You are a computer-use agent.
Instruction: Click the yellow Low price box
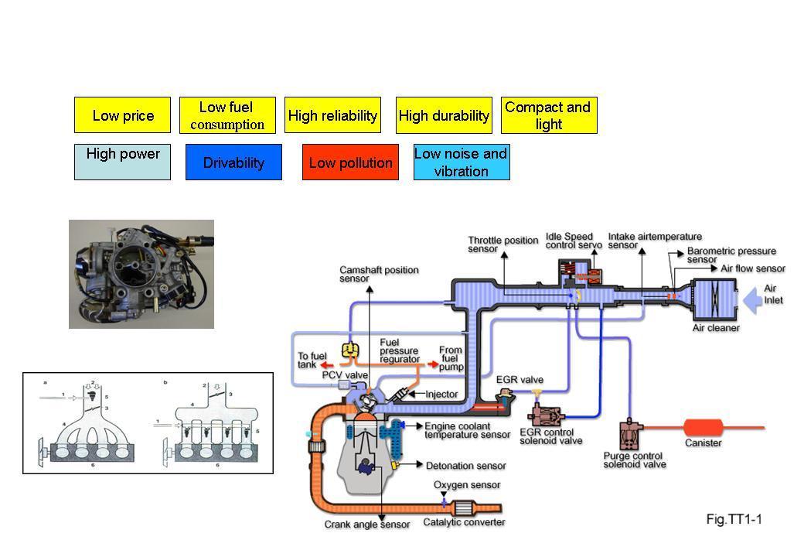(122, 115)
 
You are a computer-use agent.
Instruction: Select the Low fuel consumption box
(227, 115)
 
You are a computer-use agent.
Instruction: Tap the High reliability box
(332, 115)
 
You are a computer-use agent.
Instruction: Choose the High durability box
(444, 115)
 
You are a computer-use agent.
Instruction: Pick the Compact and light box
(549, 115)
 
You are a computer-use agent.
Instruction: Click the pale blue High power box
(122, 162)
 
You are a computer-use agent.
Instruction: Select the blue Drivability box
(233, 162)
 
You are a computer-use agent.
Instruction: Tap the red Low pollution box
(350, 162)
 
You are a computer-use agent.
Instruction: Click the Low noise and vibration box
(462, 162)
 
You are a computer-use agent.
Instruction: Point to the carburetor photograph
(141, 274)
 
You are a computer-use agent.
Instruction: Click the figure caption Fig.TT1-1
(734, 519)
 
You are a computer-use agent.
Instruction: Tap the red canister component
(703, 427)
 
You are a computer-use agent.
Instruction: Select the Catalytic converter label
(464, 522)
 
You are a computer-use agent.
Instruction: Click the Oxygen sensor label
(467, 485)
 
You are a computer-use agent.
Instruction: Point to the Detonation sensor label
(465, 466)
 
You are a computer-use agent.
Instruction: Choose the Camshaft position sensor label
(379, 274)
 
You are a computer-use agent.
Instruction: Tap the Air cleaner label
(716, 328)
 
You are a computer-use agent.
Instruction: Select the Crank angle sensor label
(366, 525)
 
